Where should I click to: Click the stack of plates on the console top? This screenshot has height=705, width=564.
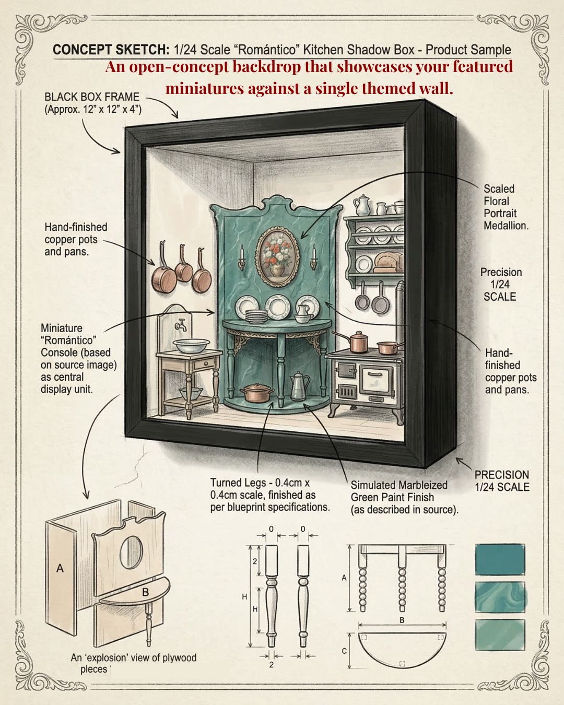[256, 316]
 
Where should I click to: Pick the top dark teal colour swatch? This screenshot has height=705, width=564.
[500, 559]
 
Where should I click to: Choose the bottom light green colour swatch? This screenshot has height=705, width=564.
[500, 634]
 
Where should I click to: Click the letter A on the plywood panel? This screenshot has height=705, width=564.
[60, 568]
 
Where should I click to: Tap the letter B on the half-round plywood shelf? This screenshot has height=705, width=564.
[145, 592]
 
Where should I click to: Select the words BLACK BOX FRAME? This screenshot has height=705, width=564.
[92, 97]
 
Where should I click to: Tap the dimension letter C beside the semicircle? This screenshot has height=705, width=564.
[344, 651]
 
